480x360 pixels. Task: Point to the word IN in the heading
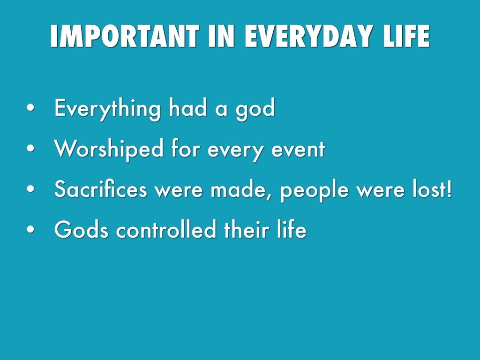point(222,36)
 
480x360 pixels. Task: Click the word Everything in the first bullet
point(107,109)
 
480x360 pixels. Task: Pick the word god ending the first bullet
point(255,110)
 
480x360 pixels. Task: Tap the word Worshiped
point(109,149)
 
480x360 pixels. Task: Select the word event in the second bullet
point(298,150)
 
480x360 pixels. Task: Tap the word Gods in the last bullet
point(81,230)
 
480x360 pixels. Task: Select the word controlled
point(166,230)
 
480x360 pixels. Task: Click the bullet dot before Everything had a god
point(30,108)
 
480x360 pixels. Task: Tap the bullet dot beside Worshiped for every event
point(30,149)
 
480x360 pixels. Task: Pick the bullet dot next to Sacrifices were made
point(30,189)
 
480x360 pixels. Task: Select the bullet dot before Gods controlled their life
point(30,229)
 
